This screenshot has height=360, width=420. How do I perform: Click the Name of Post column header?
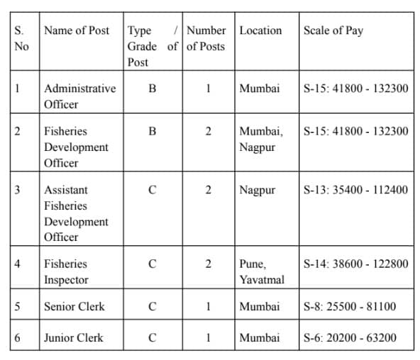coord(77,30)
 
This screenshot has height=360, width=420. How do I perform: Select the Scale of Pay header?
coord(333,30)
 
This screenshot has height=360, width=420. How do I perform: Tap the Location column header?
coord(260,30)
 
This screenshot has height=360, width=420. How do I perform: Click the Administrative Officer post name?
coord(79,96)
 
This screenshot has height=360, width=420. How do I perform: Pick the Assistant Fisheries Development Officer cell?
coord(76,213)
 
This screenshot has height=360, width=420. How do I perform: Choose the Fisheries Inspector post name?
coord(66,271)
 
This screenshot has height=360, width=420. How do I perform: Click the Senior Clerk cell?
coord(74,306)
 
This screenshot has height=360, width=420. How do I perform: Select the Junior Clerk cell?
coord(73,337)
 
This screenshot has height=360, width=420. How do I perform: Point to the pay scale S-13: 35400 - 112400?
coord(355,190)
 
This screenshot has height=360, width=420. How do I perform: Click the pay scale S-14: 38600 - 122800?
coord(355,264)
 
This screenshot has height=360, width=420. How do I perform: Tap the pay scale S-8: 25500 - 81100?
coord(349,306)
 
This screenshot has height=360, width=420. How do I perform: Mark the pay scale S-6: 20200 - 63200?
coord(349,337)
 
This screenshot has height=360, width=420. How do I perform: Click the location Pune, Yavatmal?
coord(261,271)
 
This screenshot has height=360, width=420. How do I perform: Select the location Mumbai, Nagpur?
coord(261,140)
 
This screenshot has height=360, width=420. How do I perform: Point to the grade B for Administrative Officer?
coord(153,89)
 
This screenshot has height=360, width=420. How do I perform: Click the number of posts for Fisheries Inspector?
coord(209,264)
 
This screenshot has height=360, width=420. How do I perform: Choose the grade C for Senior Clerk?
coord(153,306)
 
